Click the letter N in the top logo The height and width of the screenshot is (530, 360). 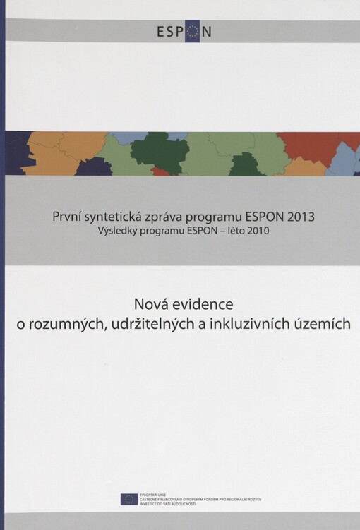coord(206,31)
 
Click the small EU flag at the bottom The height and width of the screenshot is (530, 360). coord(129,499)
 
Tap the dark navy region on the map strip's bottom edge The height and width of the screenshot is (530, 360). coord(93,168)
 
